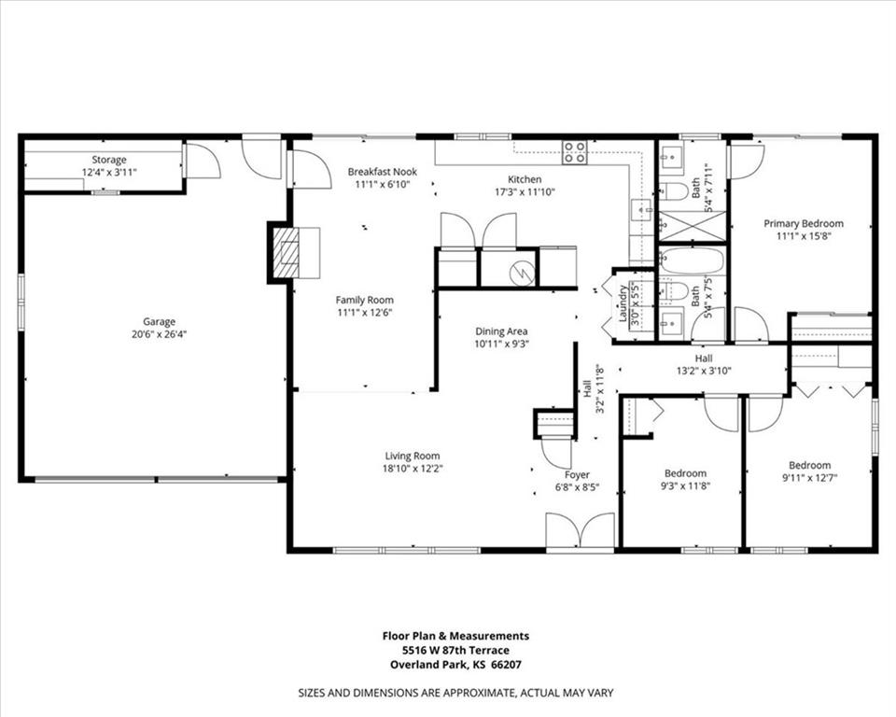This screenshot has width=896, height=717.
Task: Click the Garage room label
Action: click(x=159, y=322)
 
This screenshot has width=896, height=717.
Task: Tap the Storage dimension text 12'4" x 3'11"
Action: click(x=109, y=172)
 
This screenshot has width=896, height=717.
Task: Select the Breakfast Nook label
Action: click(x=383, y=172)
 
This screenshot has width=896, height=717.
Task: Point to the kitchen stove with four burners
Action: click(x=575, y=153)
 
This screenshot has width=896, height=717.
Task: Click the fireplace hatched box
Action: click(x=286, y=253)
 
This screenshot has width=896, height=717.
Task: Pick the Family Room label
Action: click(x=365, y=300)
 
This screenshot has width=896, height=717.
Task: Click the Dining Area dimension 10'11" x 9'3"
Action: click(x=502, y=344)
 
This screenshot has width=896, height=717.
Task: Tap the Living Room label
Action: click(x=413, y=456)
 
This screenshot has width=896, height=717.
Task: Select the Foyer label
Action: click(x=577, y=474)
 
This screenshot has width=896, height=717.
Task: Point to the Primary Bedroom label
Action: click(x=804, y=223)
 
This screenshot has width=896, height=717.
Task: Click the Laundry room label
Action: click(x=623, y=303)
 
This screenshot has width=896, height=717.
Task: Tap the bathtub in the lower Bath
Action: click(x=692, y=261)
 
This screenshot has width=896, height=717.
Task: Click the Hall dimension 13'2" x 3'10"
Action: click(x=704, y=371)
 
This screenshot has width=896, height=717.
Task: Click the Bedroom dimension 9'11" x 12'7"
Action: click(x=810, y=478)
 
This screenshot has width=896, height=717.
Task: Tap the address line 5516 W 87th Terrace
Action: click(x=455, y=650)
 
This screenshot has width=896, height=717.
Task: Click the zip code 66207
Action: click(x=506, y=665)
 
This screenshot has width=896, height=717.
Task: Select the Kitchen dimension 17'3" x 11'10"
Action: click(x=525, y=192)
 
